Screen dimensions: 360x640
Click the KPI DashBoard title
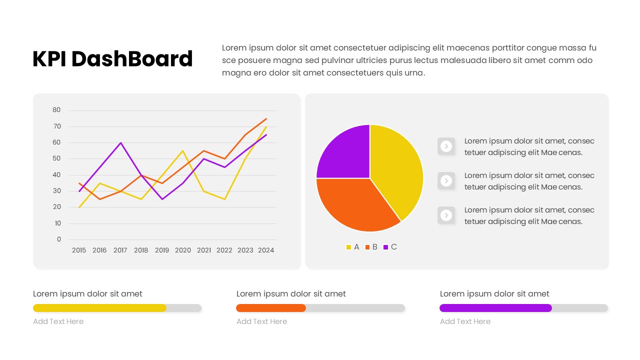coord(112,59)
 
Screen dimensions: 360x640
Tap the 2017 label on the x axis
coord(120,250)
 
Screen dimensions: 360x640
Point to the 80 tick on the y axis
coord(56,110)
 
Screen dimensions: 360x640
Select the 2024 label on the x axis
coord(266,250)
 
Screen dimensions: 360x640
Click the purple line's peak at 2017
coord(120,143)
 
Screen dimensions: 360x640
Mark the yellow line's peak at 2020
coord(183,150)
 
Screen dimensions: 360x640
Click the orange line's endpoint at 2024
coord(266,118)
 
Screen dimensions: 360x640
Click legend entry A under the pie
coord(352,247)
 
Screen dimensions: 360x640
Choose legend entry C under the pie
coord(390,247)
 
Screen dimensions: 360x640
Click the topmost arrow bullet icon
coord(446,146)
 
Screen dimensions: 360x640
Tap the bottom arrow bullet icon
coord(446,215)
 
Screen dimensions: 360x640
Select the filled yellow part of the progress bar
coord(100,308)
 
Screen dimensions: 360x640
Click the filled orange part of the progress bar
coord(271,308)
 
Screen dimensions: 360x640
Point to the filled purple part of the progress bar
coord(495,308)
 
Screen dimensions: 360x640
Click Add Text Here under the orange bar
coord(261,321)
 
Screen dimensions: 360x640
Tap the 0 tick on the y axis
coord(58,239)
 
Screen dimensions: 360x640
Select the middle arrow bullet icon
coord(446,180)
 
